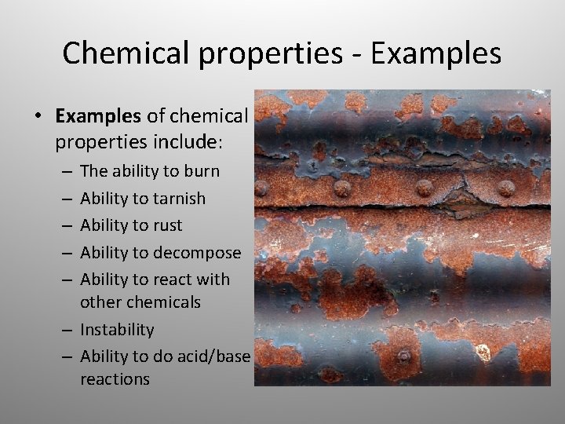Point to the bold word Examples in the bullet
pos(97,116)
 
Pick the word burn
pos(202,171)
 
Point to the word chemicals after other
pos(164,302)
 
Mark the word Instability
pos(117,330)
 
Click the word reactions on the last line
pos(115,379)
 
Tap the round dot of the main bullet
pos(37,116)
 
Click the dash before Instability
pos(68,331)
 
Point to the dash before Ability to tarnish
pos(68,199)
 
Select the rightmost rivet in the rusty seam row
pos(506,188)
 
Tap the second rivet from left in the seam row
pos(342,188)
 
